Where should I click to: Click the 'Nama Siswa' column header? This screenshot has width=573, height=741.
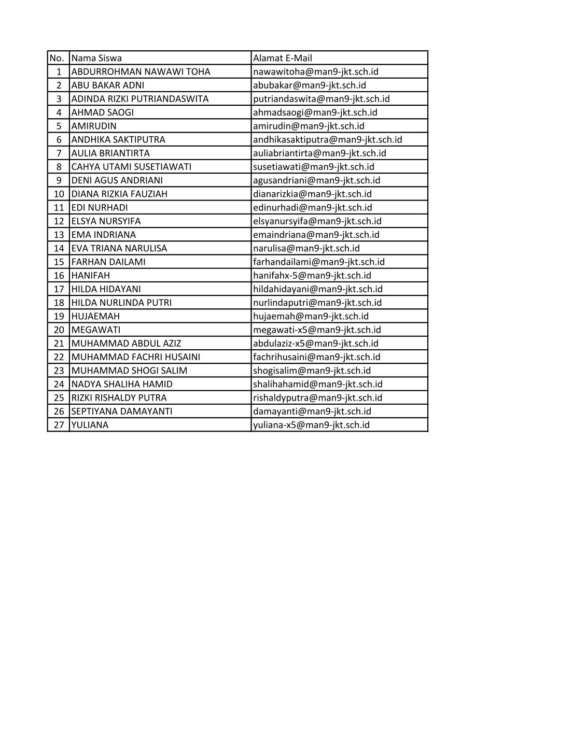[x=96, y=58]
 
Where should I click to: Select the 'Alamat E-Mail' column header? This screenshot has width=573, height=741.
[x=283, y=58]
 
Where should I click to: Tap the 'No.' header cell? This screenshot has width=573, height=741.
[x=57, y=58]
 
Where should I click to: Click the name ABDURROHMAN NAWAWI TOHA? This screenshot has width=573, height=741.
[x=141, y=72]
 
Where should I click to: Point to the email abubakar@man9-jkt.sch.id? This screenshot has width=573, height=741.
[x=309, y=85]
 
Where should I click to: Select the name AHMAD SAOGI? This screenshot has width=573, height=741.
[x=102, y=112]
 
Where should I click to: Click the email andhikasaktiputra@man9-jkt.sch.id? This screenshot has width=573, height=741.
[x=327, y=139]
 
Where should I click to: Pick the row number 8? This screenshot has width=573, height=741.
[x=59, y=167]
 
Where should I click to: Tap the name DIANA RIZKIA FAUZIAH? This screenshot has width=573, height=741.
[x=119, y=194]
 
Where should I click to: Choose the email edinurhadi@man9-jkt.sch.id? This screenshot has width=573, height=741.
[x=312, y=207]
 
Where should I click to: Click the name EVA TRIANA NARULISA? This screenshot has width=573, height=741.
[x=119, y=248]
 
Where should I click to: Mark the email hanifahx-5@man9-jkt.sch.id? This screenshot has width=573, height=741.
[x=312, y=275]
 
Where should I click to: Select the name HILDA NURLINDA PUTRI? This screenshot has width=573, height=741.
[x=121, y=303]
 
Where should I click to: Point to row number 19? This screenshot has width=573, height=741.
[x=59, y=316]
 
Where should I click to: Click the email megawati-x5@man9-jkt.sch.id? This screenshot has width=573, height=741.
[x=317, y=330]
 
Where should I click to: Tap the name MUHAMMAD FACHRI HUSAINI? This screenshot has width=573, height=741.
[x=135, y=357]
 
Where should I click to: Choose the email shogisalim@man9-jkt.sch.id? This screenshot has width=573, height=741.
[x=312, y=370]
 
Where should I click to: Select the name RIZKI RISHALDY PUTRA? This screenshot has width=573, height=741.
[x=119, y=397]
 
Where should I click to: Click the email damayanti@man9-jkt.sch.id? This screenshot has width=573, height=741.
[x=312, y=411]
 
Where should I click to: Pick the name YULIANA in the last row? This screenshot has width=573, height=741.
[x=90, y=425]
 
